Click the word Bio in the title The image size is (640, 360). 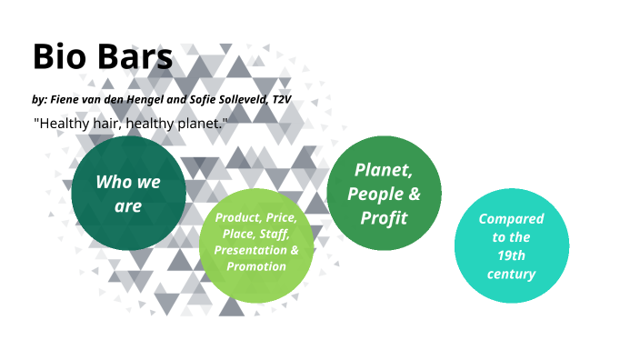tap(60, 57)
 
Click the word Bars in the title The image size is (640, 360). tap(133, 57)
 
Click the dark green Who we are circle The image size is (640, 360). tap(128, 193)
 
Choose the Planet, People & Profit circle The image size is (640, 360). tap(384, 193)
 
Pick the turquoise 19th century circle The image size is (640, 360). tap(511, 245)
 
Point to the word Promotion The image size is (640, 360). tap(256, 266)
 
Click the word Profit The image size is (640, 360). tap(384, 217)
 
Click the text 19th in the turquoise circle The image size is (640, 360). tap(511, 255)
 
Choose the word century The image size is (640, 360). tap(511, 274)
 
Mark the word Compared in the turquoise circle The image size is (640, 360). tap(511, 218)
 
